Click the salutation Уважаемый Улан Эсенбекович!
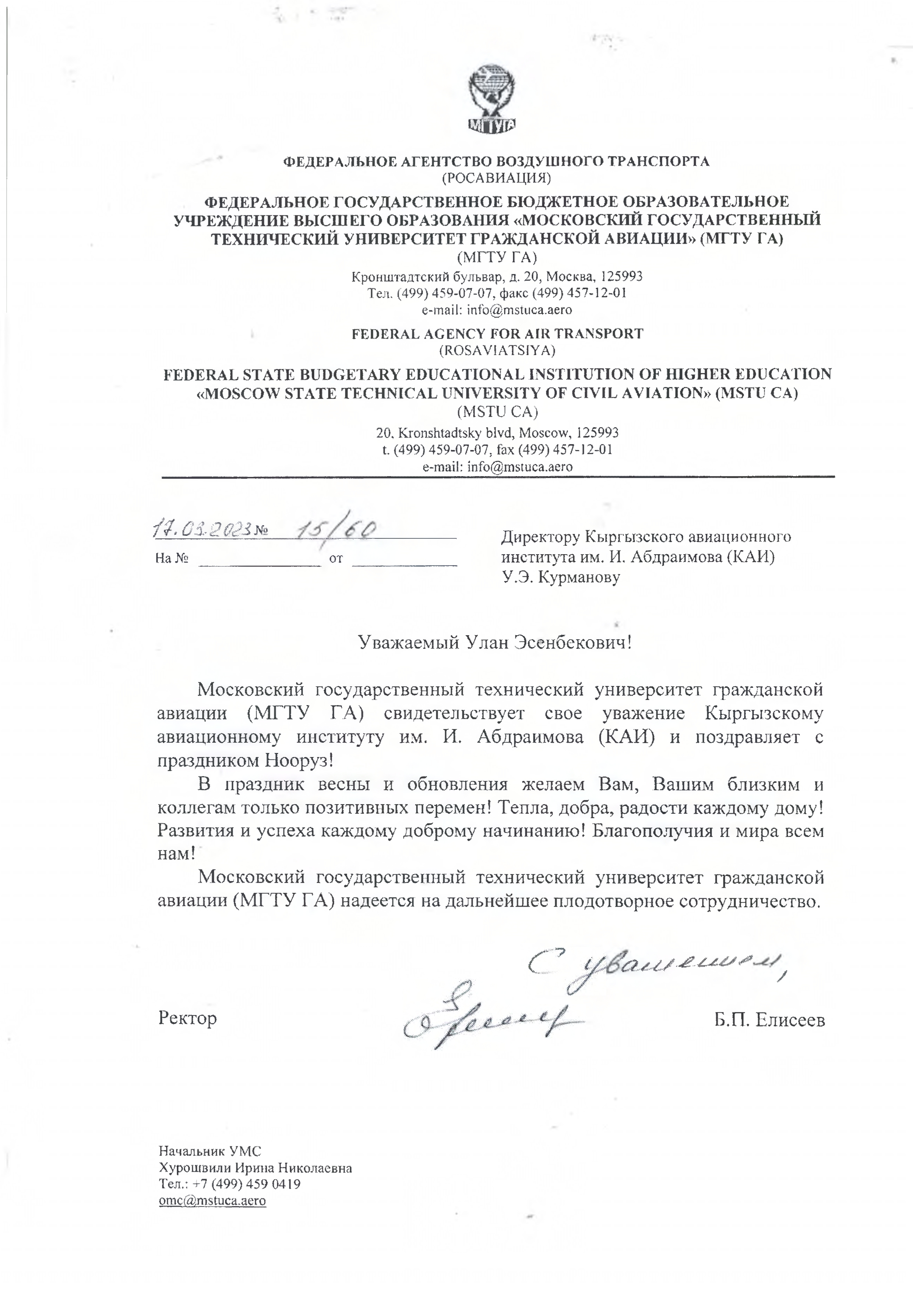click(495, 641)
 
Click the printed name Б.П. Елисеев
click(769, 1019)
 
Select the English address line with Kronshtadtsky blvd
click(497, 433)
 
